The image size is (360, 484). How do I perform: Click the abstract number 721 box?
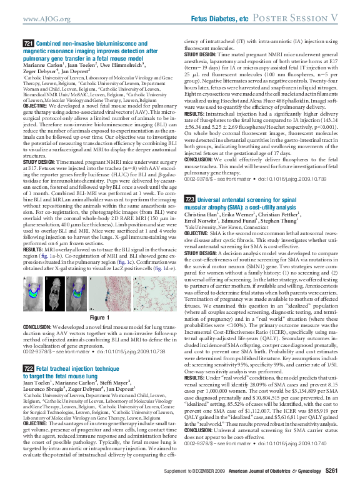click(27, 43)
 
